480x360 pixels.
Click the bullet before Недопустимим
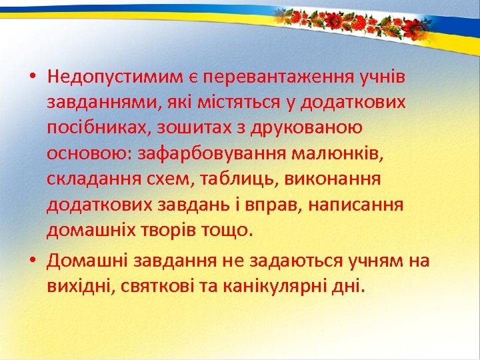pyautogui.click(x=32, y=77)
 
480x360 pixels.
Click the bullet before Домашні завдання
pyautogui.click(x=32, y=261)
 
